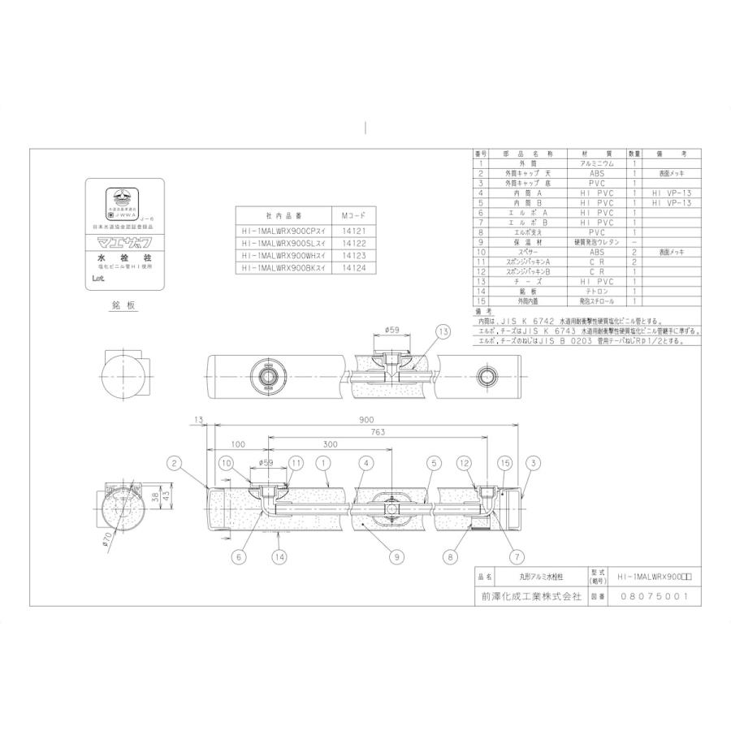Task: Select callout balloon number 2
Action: pyautogui.click(x=174, y=464)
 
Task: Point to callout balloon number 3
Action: pyautogui.click(x=533, y=464)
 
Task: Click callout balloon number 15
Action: pyautogui.click(x=505, y=464)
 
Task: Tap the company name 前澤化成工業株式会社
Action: pyautogui.click(x=527, y=595)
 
